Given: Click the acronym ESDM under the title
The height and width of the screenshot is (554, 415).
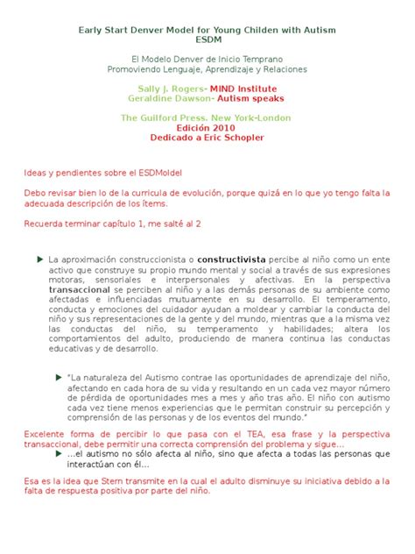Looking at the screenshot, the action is [x=207, y=40].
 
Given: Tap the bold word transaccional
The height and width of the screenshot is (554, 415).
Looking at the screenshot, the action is [x=74, y=287].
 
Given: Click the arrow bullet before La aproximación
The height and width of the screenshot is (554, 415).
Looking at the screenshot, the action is [x=40, y=260].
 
